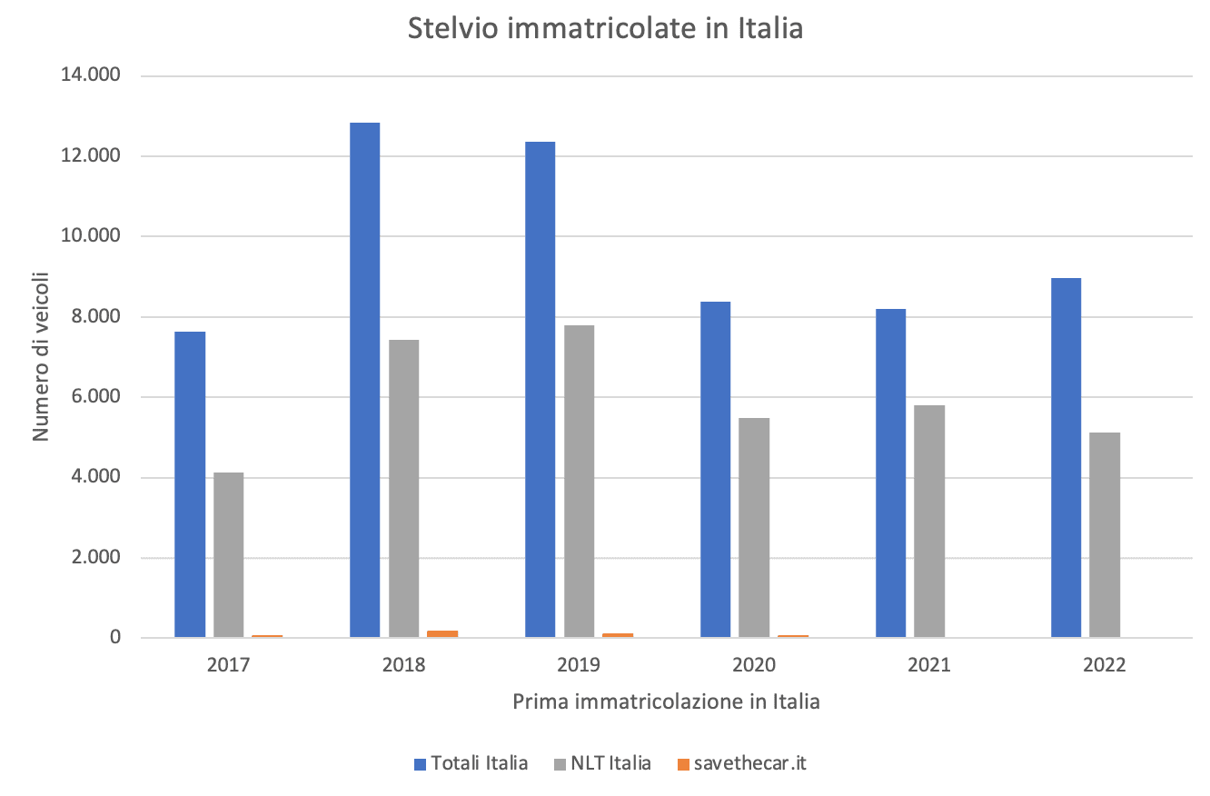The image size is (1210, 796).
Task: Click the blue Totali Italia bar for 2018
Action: [x=364, y=380]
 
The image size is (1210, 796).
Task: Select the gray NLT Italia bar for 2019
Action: [x=579, y=481]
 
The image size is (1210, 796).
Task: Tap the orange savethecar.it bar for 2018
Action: [x=442, y=634]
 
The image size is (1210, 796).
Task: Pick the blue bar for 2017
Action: [x=190, y=484]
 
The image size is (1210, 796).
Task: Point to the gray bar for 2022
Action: [x=1105, y=535]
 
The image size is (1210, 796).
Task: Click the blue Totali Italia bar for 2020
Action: [x=715, y=469]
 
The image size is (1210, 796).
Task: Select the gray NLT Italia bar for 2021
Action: [x=929, y=521]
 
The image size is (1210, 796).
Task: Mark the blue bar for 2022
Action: [x=1066, y=458]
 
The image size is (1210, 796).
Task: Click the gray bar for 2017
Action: [x=229, y=555]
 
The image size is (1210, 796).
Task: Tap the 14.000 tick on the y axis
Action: [x=90, y=75]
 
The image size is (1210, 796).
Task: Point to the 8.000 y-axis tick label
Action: [x=95, y=316]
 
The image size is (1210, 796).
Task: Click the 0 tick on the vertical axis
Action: [x=115, y=637]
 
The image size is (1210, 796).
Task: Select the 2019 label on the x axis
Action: [x=579, y=664]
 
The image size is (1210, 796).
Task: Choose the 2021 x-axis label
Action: [x=929, y=664]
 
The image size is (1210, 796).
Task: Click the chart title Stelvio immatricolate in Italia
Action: [x=605, y=28]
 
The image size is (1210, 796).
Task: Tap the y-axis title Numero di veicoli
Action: [x=41, y=357]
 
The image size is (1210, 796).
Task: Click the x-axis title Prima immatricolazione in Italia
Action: [x=666, y=701]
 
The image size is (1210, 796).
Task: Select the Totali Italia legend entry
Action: [x=471, y=763]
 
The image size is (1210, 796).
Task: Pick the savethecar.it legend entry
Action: [x=741, y=763]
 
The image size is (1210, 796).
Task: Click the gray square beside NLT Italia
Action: [x=560, y=764]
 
